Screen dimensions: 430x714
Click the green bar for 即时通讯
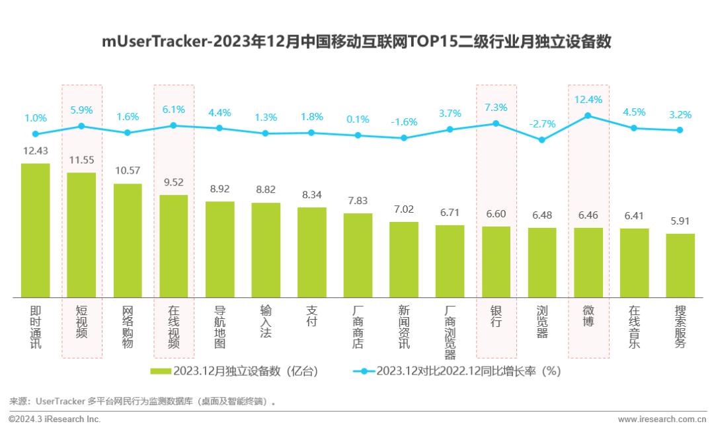(x=36, y=230)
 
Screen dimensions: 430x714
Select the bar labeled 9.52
(x=174, y=246)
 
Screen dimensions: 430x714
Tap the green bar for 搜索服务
(x=680, y=265)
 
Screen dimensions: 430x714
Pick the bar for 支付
(x=312, y=252)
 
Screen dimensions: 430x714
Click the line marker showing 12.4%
(x=588, y=116)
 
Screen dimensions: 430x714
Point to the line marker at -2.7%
(x=542, y=140)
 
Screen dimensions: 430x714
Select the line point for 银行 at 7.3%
(x=496, y=124)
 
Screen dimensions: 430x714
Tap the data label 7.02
(x=404, y=210)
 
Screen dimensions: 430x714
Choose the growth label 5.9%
(x=82, y=110)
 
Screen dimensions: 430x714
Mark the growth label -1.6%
(x=404, y=122)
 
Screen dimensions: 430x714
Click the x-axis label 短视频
(x=82, y=322)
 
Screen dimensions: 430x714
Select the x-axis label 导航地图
(x=220, y=327)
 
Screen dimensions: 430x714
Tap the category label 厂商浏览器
(x=450, y=332)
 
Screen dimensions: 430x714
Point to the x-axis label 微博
(x=588, y=316)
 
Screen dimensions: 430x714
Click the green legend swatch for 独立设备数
(x=161, y=371)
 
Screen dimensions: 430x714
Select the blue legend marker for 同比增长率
(x=364, y=371)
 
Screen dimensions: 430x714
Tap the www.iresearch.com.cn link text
(x=662, y=419)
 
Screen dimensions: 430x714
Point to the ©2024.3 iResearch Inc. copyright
(x=54, y=419)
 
